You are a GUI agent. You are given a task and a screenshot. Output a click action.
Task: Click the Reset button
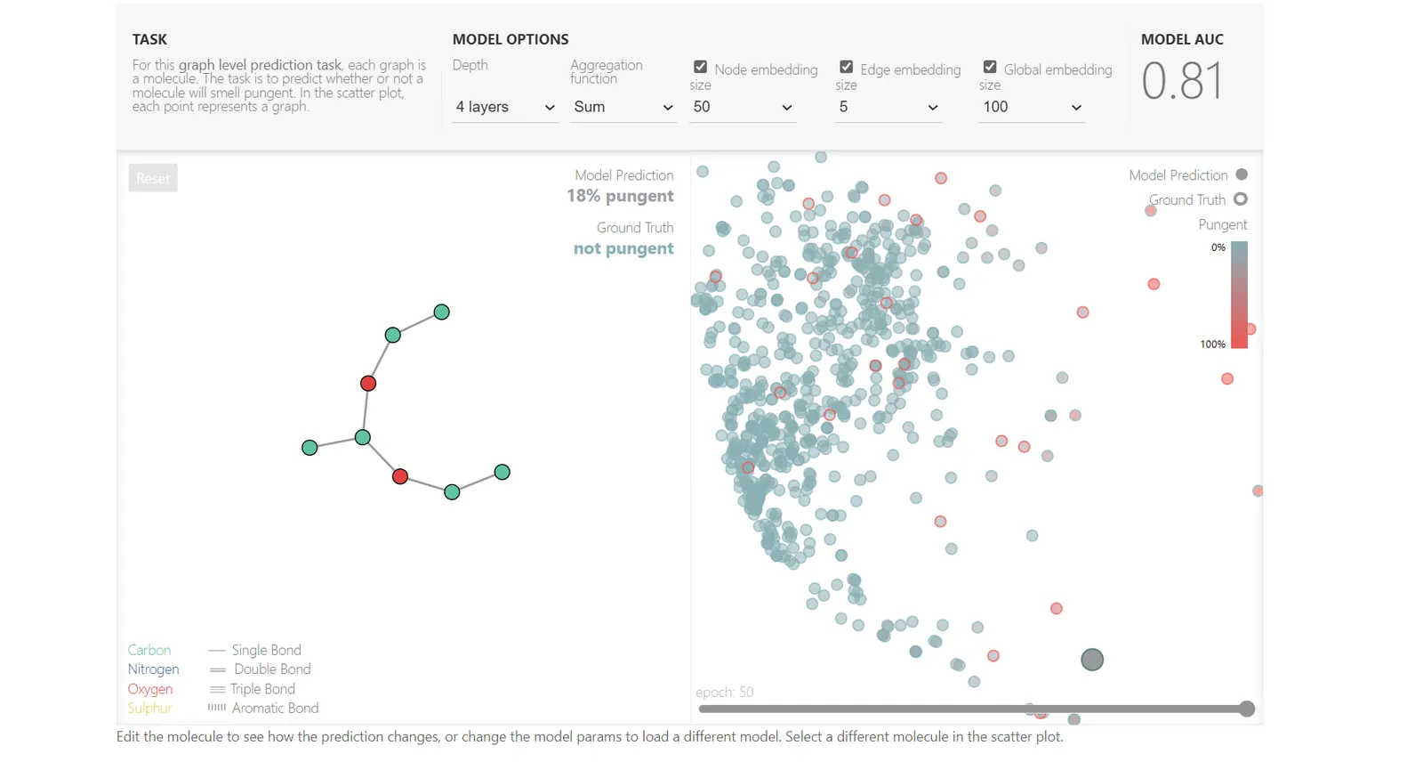point(153,178)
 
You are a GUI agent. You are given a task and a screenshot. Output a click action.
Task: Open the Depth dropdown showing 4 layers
point(504,107)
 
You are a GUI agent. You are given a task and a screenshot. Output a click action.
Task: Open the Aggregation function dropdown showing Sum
point(623,107)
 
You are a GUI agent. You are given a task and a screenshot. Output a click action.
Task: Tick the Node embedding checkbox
point(701,68)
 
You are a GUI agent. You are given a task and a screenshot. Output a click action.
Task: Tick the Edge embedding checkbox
point(847,68)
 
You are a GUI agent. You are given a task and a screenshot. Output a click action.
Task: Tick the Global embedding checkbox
point(990,68)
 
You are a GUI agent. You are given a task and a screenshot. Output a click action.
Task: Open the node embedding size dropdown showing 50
point(742,107)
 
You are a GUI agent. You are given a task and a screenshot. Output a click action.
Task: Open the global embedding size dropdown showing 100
point(1031,107)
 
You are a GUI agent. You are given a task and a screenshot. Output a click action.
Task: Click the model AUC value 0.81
point(1182,81)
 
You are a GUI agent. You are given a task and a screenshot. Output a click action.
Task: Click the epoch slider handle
point(1247,709)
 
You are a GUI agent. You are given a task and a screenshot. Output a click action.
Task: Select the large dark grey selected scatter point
point(1092,660)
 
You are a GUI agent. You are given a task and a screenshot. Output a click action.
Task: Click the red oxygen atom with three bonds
point(368,384)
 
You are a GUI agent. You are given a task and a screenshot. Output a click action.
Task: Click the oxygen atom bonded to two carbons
point(400,477)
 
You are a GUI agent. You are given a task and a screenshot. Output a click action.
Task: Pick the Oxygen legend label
point(150,689)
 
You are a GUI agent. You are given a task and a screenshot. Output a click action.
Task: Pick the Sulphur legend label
point(149,709)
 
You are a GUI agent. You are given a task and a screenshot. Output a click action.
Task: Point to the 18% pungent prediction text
point(620,196)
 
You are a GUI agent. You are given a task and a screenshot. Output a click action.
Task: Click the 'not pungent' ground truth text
point(623,248)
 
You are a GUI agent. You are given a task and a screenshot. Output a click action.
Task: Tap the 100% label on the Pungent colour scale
point(1212,345)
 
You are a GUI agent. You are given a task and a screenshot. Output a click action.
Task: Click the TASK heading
point(149,39)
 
